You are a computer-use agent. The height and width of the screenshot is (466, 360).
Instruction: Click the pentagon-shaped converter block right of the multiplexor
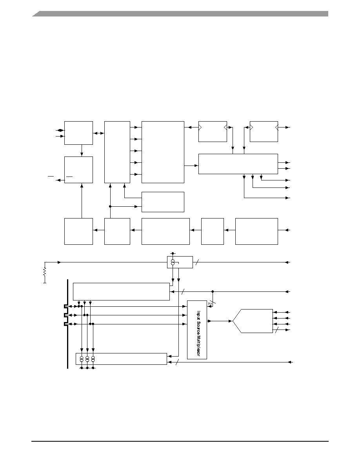(x=253, y=321)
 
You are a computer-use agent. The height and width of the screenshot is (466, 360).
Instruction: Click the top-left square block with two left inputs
(x=78, y=133)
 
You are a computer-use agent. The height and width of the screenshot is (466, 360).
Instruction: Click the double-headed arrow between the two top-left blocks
(x=98, y=133)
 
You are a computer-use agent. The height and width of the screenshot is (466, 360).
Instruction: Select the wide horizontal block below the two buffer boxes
(x=238, y=164)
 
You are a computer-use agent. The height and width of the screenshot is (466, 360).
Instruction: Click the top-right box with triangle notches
(x=264, y=131)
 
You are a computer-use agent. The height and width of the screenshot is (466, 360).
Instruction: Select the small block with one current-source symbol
(x=180, y=262)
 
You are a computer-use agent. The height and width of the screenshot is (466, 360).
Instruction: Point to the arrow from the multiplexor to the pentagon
(x=220, y=321)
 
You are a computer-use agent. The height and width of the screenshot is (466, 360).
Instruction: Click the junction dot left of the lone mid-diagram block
(x=110, y=207)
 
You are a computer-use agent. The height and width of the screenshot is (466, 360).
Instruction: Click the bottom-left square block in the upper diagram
(x=78, y=231)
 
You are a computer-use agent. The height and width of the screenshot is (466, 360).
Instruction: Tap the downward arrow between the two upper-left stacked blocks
(x=82, y=151)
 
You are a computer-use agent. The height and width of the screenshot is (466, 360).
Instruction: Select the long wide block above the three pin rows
(x=121, y=291)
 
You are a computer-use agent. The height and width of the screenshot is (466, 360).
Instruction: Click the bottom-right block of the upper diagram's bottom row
(x=256, y=231)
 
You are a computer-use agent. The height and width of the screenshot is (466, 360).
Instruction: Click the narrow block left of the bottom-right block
(x=213, y=231)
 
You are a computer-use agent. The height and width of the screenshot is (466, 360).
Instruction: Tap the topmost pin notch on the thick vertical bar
(x=65, y=306)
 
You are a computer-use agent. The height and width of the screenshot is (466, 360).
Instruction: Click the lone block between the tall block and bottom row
(x=163, y=202)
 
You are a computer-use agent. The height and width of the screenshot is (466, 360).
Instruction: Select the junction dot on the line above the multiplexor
(x=213, y=291)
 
